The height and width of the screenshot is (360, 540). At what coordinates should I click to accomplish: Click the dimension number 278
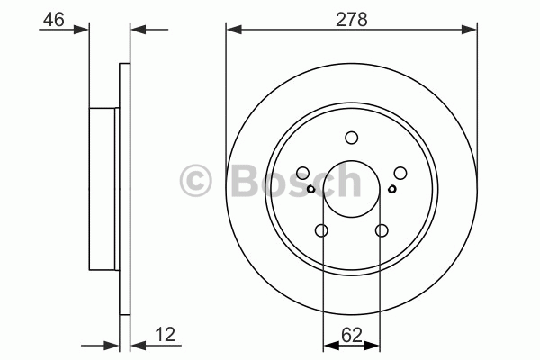[352, 19]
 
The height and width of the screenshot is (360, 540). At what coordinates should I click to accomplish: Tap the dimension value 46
[54, 19]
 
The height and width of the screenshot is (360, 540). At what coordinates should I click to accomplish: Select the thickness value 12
[166, 335]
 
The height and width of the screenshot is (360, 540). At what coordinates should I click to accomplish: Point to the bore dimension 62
[352, 335]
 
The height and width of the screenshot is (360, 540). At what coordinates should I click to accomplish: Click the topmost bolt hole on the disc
[352, 138]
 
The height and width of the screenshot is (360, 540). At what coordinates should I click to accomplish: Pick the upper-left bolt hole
[302, 173]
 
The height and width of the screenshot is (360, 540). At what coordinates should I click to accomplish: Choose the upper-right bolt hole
[400, 173]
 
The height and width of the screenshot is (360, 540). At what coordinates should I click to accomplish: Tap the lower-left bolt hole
[321, 230]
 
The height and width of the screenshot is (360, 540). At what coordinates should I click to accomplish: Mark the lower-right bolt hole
[382, 230]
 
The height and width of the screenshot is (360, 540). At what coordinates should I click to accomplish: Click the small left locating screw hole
[311, 189]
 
